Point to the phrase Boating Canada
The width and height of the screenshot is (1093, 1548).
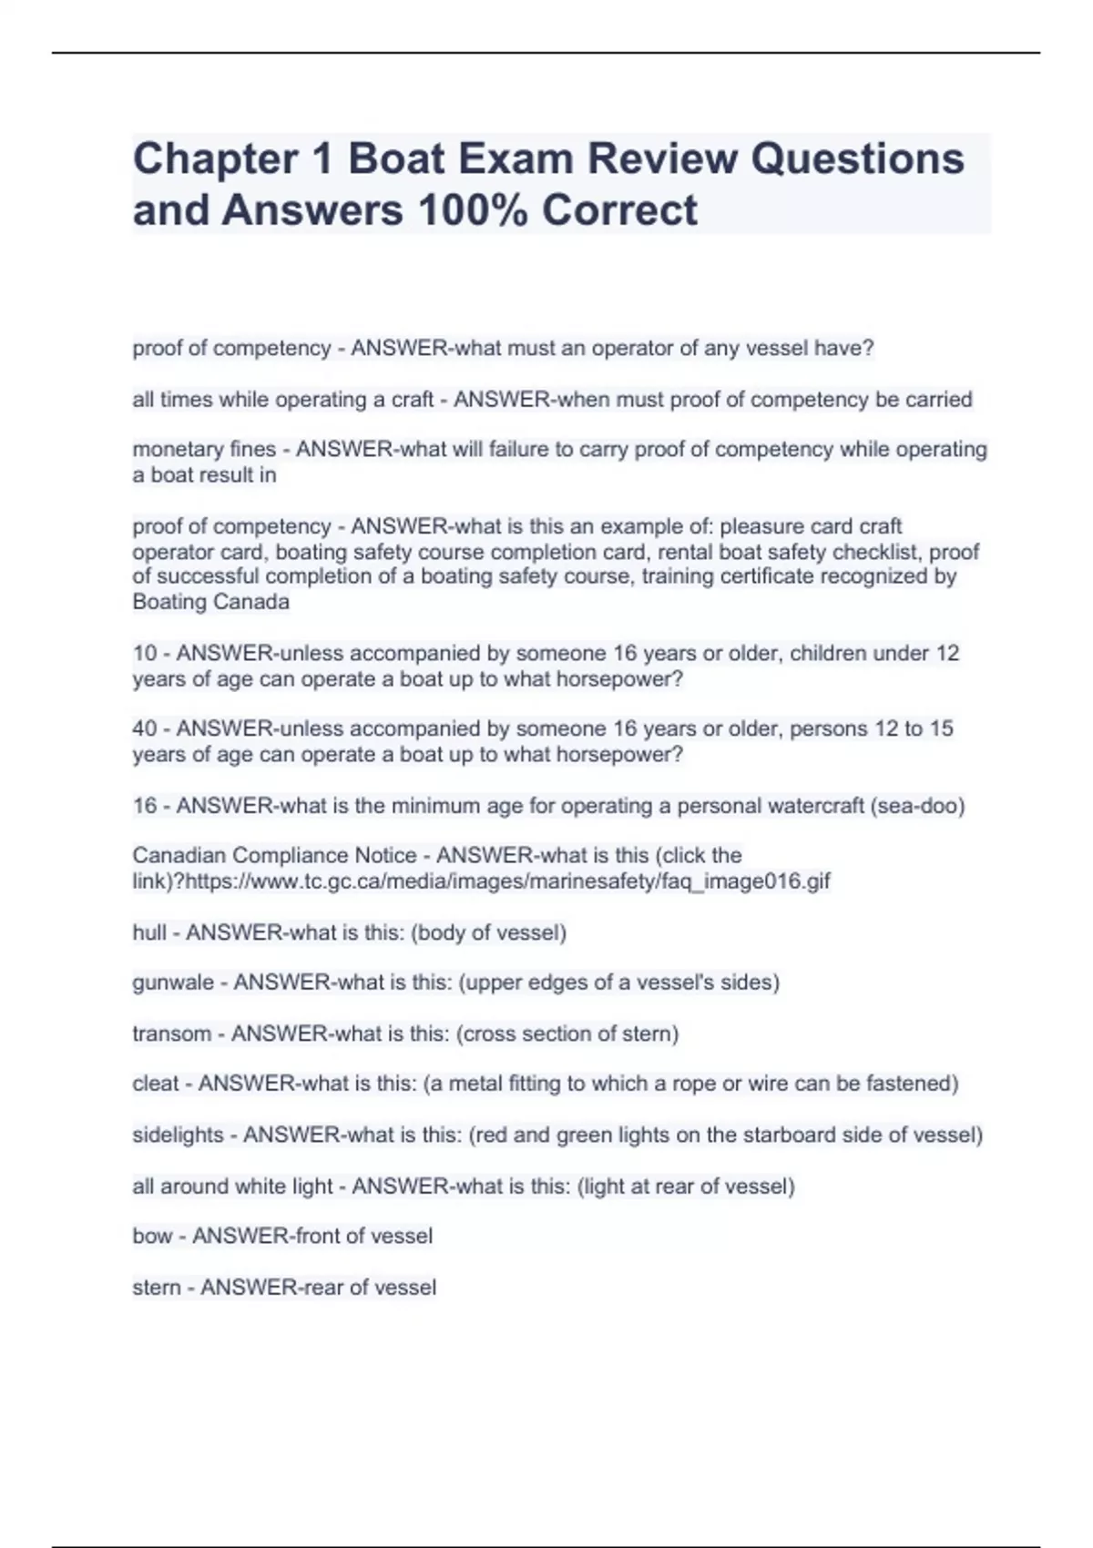point(210,602)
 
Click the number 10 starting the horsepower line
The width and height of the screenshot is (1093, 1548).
point(144,654)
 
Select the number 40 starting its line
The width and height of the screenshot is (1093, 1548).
point(144,729)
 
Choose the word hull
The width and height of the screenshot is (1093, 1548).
point(149,932)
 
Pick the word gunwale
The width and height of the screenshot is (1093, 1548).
point(173,983)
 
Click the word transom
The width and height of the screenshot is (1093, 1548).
point(171,1034)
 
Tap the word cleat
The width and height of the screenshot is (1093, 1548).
point(156,1084)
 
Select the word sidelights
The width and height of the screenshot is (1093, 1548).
point(178,1136)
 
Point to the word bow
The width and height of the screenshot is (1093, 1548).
point(152,1237)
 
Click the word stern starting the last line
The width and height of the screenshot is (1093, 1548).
point(157,1288)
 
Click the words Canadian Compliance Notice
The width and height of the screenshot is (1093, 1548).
point(274,856)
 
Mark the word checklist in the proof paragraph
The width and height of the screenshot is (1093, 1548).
point(881,552)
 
